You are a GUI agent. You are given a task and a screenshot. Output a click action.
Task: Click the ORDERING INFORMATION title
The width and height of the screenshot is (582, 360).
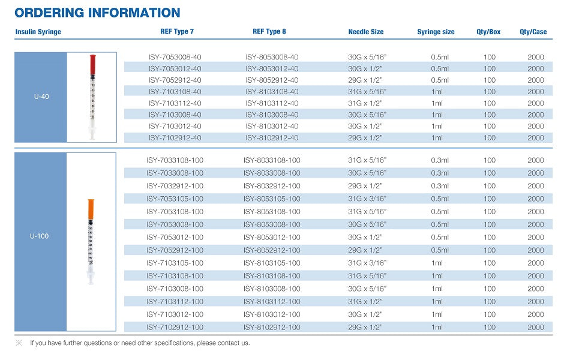click(x=97, y=13)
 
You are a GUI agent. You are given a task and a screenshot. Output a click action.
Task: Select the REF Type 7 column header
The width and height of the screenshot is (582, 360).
click(x=177, y=32)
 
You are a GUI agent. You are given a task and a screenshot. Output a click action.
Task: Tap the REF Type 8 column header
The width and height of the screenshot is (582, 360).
click(x=269, y=32)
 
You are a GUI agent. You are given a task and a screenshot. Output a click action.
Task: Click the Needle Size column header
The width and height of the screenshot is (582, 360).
click(x=365, y=32)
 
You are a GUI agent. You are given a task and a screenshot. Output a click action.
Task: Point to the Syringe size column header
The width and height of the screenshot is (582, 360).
click(x=436, y=32)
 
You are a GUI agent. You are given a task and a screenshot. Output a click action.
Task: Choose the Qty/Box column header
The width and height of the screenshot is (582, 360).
click(x=488, y=32)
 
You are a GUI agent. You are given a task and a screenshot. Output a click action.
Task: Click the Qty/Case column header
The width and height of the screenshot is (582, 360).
click(x=533, y=32)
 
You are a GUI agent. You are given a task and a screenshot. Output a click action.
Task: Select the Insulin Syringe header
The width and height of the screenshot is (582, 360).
click(x=38, y=32)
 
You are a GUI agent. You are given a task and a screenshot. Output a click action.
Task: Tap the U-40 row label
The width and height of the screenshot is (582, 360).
click(x=41, y=97)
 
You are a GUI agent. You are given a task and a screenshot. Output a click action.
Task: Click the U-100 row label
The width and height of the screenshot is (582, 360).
click(x=39, y=236)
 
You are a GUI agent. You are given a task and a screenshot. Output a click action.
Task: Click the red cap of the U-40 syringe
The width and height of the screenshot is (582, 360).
click(x=92, y=65)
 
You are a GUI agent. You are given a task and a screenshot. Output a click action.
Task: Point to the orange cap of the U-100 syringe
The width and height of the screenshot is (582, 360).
click(x=91, y=209)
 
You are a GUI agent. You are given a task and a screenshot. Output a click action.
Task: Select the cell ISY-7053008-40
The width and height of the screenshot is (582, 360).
click(x=175, y=57)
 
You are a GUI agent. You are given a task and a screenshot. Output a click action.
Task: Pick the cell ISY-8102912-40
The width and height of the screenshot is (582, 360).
click(x=272, y=137)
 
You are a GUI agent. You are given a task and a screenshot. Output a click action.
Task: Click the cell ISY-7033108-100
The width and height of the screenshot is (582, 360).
click(x=175, y=160)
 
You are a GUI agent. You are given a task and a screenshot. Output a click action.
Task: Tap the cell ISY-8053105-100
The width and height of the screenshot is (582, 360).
click(x=272, y=199)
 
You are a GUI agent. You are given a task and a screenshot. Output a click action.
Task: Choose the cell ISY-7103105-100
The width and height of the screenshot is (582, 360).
click(x=175, y=263)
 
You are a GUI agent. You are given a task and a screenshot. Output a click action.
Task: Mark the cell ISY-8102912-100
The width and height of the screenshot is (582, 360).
click(x=272, y=328)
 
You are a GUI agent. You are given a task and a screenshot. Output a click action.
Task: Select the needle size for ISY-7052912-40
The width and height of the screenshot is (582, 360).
click(x=365, y=80)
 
